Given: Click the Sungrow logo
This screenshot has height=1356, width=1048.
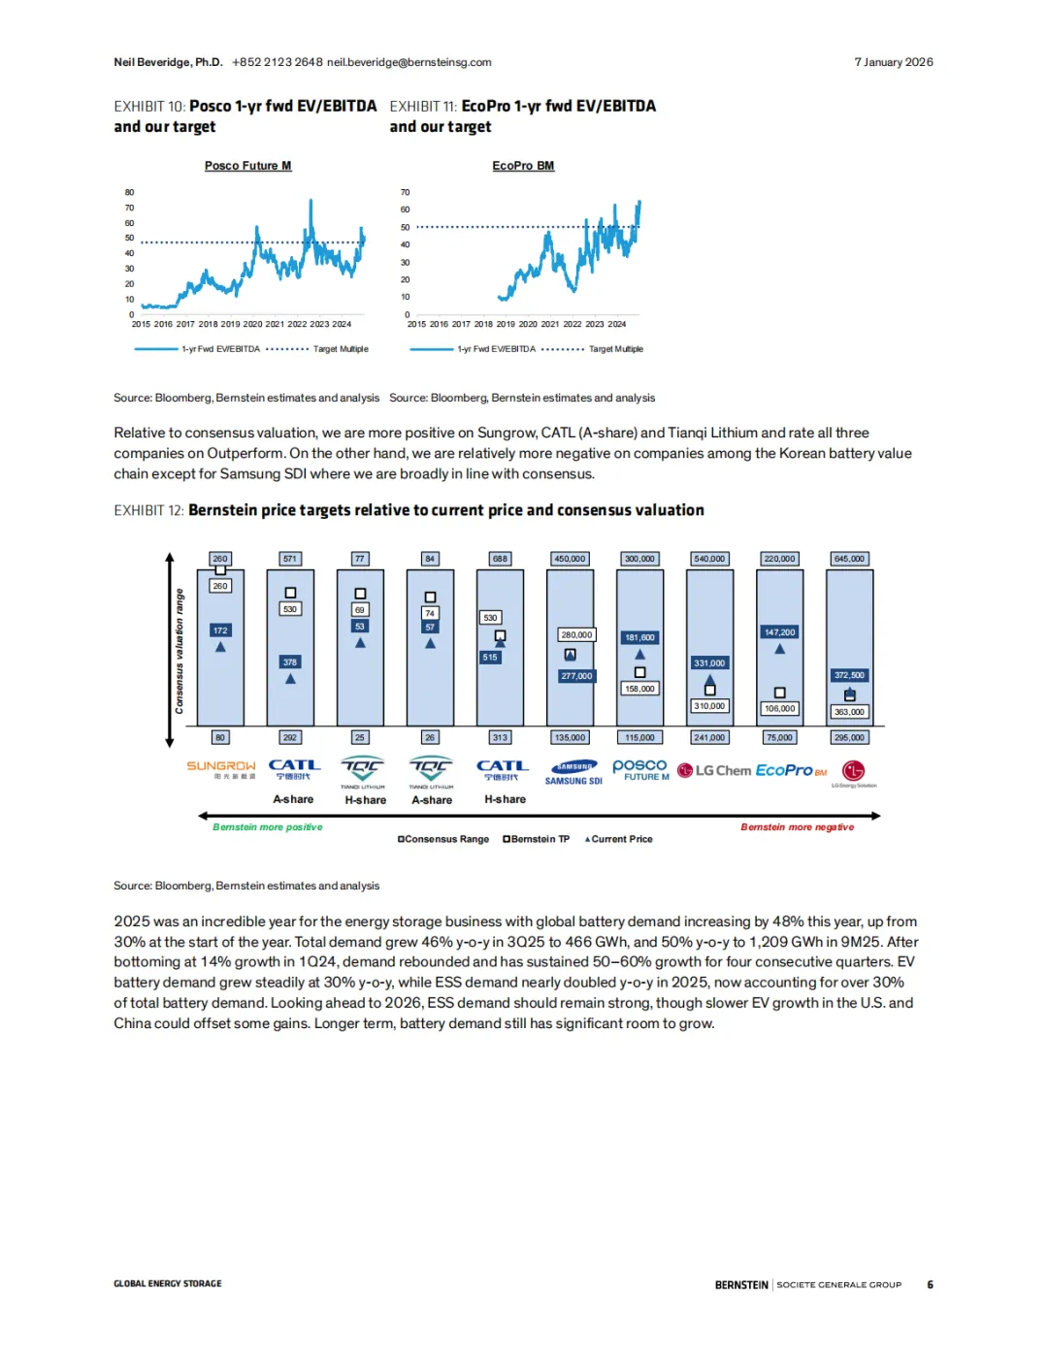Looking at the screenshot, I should pos(221,769).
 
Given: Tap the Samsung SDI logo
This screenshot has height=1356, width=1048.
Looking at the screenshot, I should pos(573,772).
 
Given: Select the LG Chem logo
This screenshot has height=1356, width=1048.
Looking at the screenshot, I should pos(714,770).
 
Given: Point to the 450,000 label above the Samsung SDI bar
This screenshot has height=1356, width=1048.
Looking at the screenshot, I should pos(570,559).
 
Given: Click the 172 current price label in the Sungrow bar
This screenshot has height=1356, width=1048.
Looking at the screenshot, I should pos(220,630).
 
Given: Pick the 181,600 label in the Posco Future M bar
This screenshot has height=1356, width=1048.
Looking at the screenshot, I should pos(639,637).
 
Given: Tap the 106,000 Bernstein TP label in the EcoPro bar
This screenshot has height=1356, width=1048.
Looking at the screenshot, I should pos(779,708).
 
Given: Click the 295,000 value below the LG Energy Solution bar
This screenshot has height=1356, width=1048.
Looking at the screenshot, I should pos(849,737).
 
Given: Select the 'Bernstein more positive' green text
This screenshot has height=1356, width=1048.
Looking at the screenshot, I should pos(268,827).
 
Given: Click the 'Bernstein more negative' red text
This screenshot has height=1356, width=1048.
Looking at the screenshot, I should pos(797,827).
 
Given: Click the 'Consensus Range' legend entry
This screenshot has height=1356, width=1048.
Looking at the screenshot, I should pos(444,839).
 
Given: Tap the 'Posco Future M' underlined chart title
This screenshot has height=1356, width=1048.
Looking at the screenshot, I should pos(247,166).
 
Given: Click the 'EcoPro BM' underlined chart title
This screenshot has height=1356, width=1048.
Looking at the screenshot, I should pos(523,166).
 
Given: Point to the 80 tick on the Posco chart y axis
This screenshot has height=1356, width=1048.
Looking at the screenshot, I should pos(129,192).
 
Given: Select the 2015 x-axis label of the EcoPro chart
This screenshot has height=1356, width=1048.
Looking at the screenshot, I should pos(416,324).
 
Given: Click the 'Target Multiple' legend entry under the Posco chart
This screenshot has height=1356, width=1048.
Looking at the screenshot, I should pos(340,349).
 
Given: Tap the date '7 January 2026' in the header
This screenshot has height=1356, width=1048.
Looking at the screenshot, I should pos(893,62).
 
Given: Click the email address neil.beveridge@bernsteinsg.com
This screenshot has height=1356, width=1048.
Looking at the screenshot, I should pos(409,62).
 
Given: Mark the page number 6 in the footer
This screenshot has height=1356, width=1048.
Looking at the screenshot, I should pos(930,1284).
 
